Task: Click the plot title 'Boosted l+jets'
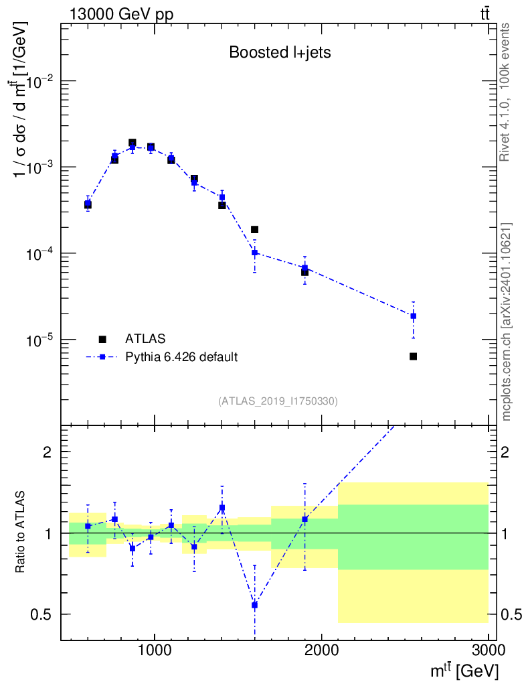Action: pos(280,53)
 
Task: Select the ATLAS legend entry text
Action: pos(145,339)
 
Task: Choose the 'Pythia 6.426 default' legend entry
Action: pos(181,357)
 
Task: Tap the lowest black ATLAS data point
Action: pos(414,356)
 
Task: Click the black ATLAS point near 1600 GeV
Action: pos(254,230)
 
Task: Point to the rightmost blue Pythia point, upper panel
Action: pos(414,316)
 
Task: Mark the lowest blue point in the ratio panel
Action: pos(254,605)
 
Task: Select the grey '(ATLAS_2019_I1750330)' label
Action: pos(278,401)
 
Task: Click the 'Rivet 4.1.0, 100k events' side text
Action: pos(505,92)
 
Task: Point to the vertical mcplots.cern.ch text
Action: pos(507,322)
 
